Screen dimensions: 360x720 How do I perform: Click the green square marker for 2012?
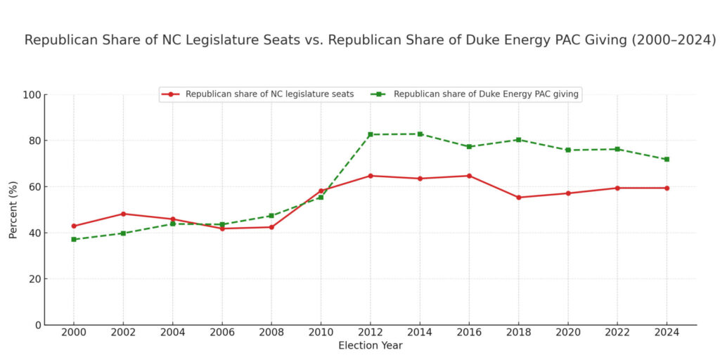(x=371, y=134)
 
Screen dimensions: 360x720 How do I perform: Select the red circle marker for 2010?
(x=321, y=191)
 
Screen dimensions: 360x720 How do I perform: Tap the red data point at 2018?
(x=519, y=198)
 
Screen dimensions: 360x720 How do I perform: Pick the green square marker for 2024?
(x=667, y=159)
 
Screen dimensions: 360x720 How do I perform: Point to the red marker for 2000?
(x=74, y=226)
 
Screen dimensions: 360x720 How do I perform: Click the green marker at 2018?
(x=519, y=139)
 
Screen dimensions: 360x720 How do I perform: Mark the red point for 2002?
(x=123, y=214)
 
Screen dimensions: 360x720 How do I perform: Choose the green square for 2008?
(x=271, y=216)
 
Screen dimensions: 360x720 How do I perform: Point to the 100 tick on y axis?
(x=32, y=94)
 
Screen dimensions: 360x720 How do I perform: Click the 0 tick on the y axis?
(x=38, y=325)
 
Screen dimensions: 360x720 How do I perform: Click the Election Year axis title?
(x=371, y=346)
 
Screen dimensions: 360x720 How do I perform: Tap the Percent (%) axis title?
(x=13, y=210)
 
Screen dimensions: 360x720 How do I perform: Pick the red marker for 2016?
(x=469, y=176)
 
